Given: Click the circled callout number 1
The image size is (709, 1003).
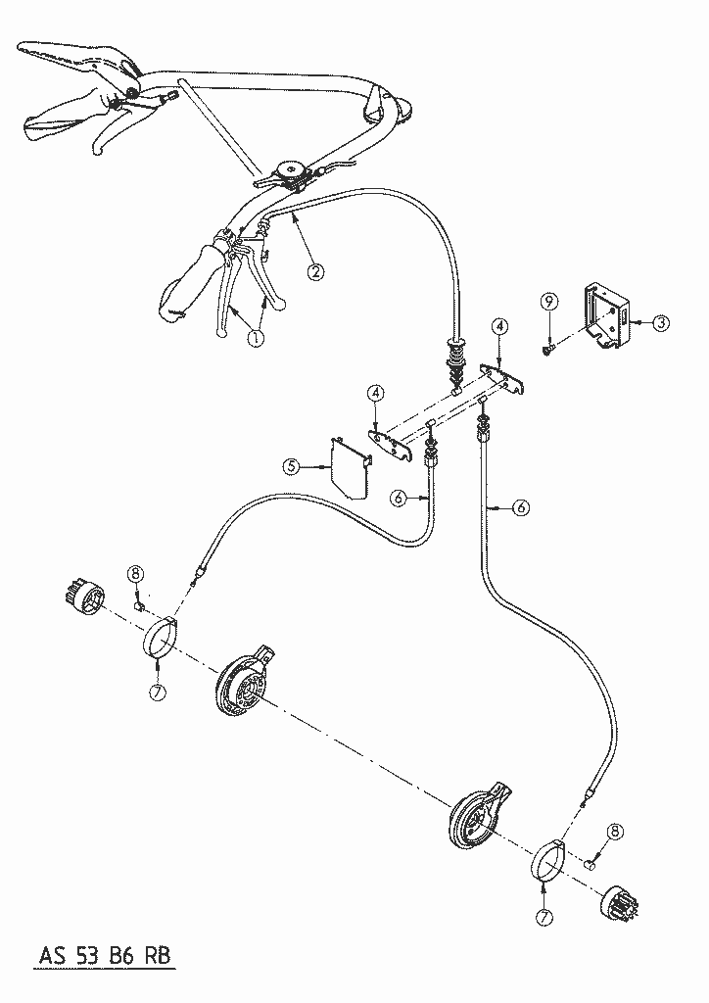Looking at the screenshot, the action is click(x=255, y=338).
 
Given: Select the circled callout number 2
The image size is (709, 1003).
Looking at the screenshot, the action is click(x=315, y=272).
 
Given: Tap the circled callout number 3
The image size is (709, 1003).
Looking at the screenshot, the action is click(x=660, y=323).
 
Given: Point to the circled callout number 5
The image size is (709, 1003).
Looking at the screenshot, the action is click(x=292, y=466).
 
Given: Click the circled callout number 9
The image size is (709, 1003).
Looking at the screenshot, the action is click(x=549, y=301).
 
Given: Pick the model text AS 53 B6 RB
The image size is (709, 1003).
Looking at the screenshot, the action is click(x=106, y=956).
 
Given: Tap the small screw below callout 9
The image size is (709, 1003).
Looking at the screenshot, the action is click(x=547, y=350).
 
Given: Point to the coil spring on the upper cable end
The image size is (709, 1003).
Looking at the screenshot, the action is click(x=458, y=356).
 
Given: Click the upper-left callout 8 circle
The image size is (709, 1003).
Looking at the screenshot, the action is click(x=135, y=574).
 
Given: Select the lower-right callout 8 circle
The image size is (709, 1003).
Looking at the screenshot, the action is click(x=615, y=832).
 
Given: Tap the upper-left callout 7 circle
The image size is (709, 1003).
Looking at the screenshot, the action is click(x=158, y=692).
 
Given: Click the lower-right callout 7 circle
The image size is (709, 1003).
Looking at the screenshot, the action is click(x=544, y=917).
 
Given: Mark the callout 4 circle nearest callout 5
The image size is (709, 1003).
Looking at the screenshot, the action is click(x=376, y=392).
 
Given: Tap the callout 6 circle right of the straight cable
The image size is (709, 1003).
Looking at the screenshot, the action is click(x=522, y=507).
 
